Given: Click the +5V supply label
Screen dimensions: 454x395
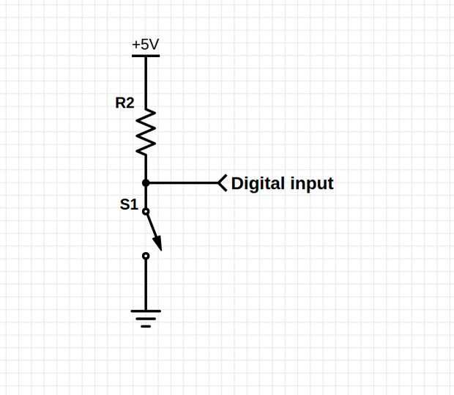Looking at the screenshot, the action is tap(145, 45).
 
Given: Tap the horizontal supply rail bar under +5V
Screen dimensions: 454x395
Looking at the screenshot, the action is tap(146, 56).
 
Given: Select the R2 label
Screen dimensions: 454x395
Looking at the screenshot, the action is tap(124, 103).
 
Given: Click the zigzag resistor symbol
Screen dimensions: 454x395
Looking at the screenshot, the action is tap(146, 132).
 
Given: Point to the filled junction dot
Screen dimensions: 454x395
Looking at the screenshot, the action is tap(146, 183).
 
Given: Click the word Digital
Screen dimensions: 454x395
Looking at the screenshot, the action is tap(258, 184).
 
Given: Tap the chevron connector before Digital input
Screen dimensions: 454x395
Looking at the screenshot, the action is tap(223, 183).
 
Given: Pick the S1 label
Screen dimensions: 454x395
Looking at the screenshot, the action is tap(129, 204).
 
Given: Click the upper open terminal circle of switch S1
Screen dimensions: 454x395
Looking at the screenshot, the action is tap(146, 212).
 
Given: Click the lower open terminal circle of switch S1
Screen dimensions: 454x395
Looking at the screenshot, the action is tap(146, 256).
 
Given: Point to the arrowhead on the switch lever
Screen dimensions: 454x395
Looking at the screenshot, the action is tap(157, 243).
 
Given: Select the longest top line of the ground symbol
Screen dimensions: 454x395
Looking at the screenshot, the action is tap(146, 311).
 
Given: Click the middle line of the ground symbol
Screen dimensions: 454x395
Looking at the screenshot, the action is tap(146, 319).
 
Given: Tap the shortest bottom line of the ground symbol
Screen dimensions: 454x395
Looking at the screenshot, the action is tap(146, 326).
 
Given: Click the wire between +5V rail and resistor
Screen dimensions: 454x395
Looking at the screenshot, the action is tap(146, 83).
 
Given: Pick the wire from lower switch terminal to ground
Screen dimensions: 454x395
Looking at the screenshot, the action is tap(146, 284).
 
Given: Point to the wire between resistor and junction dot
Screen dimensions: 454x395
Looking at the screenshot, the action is tap(146, 168).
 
